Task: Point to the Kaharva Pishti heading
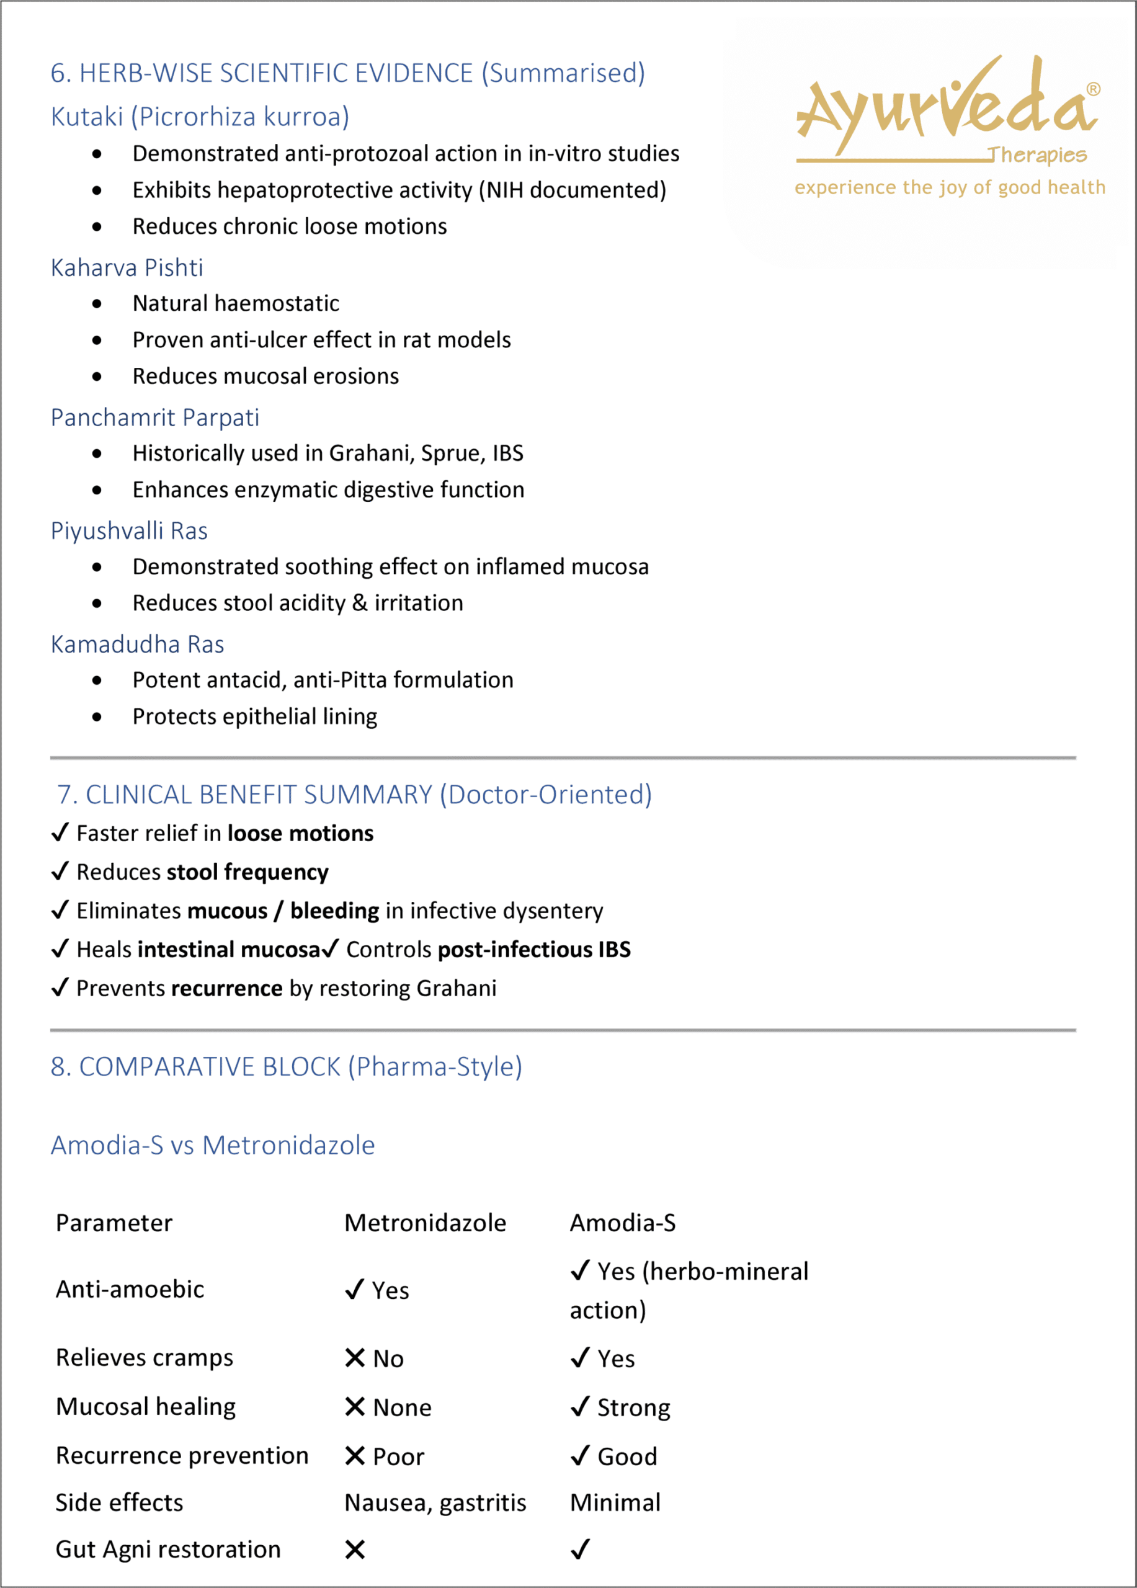127,267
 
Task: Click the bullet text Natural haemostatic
235,303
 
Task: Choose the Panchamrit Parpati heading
154,417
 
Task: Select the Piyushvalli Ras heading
129,531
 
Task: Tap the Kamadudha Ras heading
137,644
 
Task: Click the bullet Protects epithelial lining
255,716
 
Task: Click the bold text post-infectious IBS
533,950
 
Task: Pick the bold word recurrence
227,988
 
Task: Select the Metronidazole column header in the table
425,1223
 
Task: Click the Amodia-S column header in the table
622,1223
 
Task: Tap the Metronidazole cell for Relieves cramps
375,1358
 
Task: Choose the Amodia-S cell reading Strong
620,1407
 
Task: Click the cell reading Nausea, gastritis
435,1502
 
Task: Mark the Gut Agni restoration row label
168,1550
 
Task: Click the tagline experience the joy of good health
950,188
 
